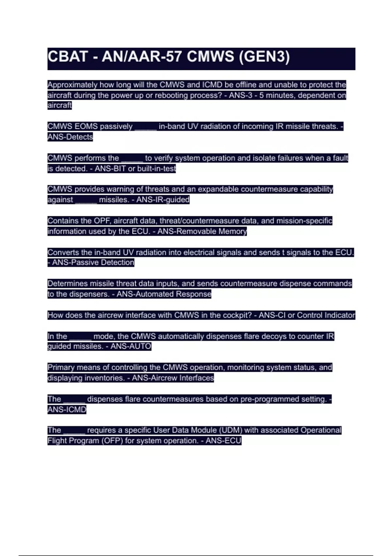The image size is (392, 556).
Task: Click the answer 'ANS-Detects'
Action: click(x=70, y=137)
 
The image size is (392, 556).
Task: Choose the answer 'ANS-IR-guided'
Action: click(x=163, y=200)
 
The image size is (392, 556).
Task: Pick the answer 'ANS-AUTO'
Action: click(x=131, y=346)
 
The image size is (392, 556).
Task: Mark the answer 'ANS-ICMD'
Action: click(x=67, y=409)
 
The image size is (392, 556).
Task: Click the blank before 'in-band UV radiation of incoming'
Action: click(x=146, y=127)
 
